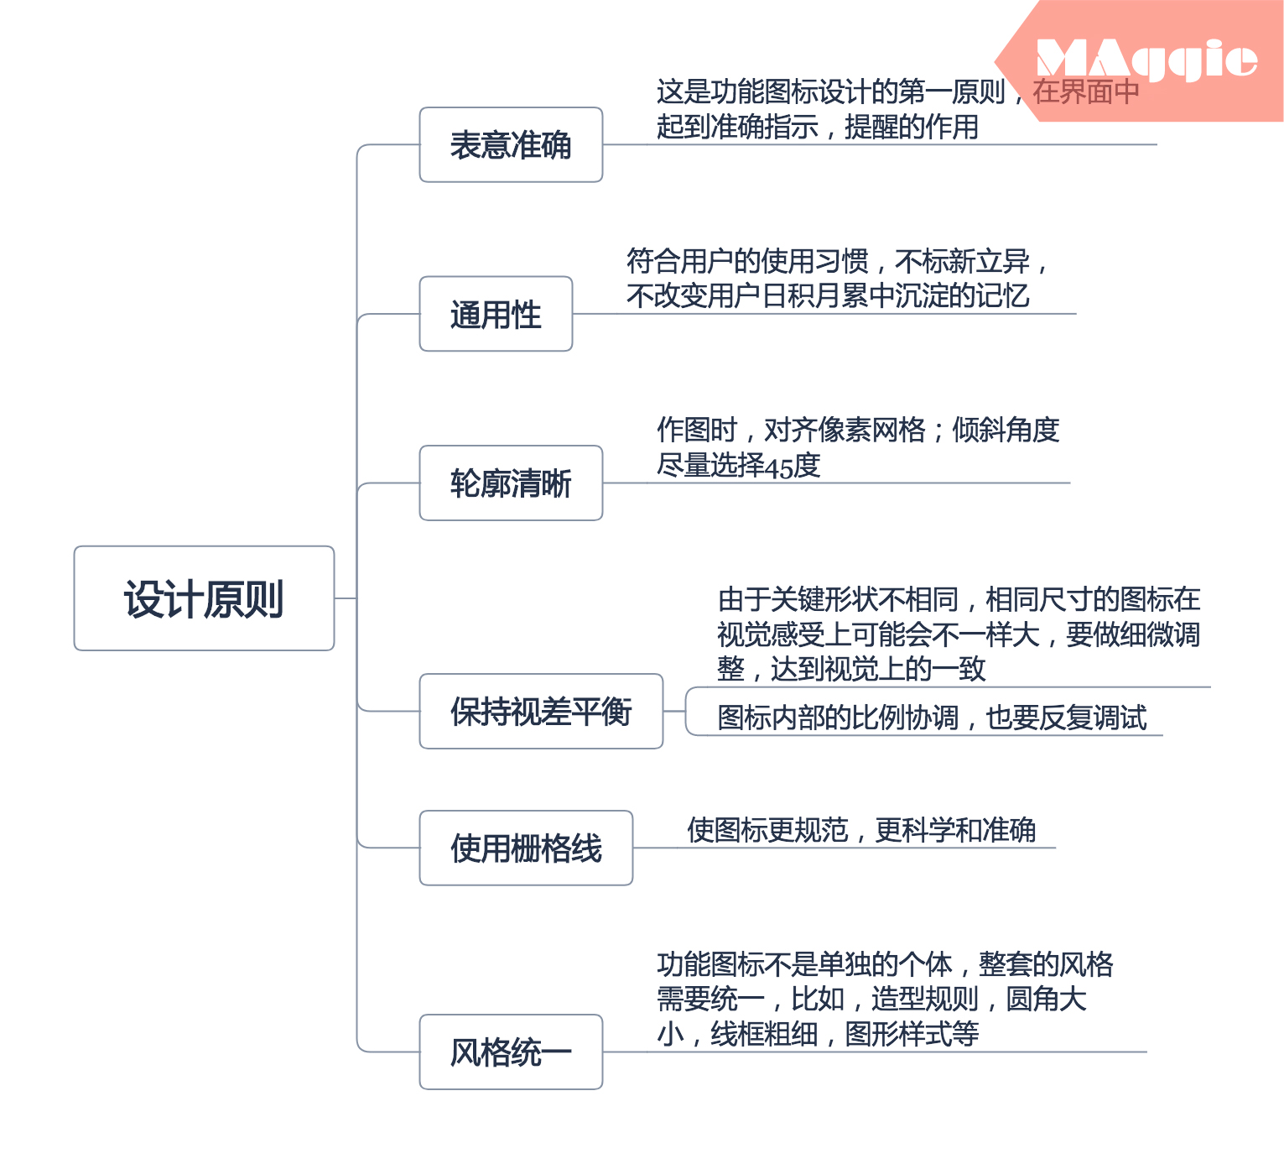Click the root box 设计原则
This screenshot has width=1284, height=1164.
point(204,598)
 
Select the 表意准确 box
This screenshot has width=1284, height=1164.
point(511,144)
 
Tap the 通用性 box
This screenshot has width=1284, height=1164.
point(496,314)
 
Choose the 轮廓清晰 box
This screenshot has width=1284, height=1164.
point(511,483)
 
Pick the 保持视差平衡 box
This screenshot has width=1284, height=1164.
point(541,712)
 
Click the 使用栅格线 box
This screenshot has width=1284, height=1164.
point(526,848)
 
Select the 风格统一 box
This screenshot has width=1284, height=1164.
point(511,1052)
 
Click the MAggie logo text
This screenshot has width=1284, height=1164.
point(1146,60)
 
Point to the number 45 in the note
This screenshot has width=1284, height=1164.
point(779,467)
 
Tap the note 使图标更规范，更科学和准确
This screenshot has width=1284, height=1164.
point(861,830)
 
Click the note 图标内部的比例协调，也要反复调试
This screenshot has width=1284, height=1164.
point(932,718)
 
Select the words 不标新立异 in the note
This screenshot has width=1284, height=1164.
point(962,262)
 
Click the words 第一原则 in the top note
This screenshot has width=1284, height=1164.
point(951,91)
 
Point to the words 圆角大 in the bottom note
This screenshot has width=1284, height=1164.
point(1046,999)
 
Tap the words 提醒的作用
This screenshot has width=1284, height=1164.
point(912,127)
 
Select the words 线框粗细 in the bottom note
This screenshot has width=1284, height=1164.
point(764,1034)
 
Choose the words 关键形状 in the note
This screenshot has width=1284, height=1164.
point(824,599)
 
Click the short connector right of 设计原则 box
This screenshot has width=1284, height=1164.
point(346,598)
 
